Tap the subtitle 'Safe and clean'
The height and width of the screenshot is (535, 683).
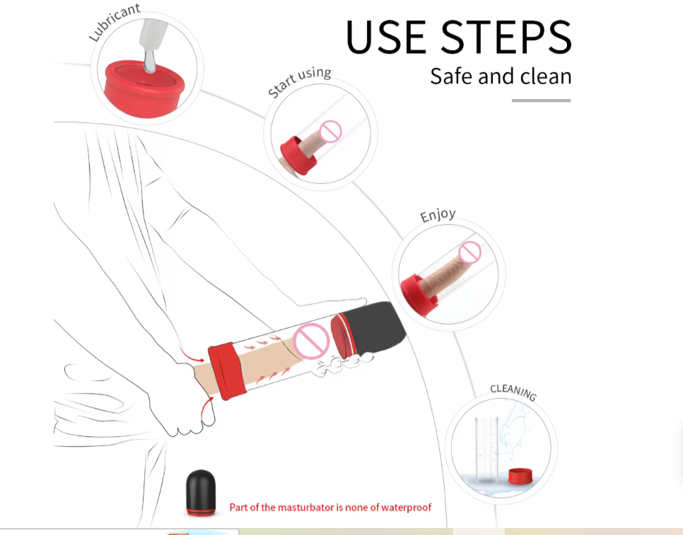point(501,76)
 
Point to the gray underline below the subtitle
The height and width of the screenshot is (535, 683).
point(541,100)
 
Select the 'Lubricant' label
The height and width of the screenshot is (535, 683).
point(114,22)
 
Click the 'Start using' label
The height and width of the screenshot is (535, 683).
point(299,81)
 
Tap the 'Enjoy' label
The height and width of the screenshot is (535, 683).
point(438,215)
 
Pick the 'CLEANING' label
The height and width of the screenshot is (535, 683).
point(513,391)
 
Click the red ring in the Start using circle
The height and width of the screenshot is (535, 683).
point(298,155)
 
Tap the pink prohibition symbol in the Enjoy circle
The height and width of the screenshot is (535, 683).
point(470,252)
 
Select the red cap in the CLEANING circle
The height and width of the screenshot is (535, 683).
point(520,476)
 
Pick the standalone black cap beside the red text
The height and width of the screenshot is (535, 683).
point(201,493)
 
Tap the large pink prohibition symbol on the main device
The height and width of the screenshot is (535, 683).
point(311,341)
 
